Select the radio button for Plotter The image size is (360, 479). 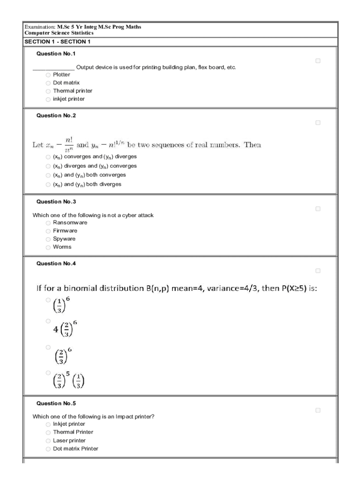[x=48, y=75]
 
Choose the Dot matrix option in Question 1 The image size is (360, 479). [x=48, y=83]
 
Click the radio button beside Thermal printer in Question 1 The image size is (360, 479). [x=48, y=91]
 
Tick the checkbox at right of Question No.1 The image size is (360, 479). [x=318, y=61]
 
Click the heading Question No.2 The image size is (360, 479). [x=56, y=116]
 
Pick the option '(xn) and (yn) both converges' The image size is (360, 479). [x=48, y=175]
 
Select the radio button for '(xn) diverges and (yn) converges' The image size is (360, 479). [x=48, y=166]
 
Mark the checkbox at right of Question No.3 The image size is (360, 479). [x=318, y=209]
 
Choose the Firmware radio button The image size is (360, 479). [x=48, y=231]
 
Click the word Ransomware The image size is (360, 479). [x=70, y=223]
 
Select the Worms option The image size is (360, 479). [x=48, y=247]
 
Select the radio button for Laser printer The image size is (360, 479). [x=48, y=441]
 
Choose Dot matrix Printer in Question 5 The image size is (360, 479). [x=48, y=449]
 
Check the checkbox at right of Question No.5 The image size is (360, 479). [x=318, y=410]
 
